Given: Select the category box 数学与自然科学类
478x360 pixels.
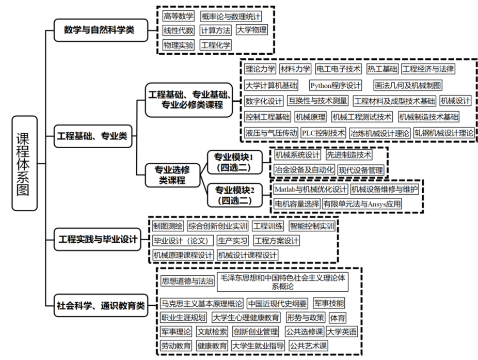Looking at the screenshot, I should pos(99,29).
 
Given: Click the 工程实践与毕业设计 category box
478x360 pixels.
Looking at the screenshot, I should pos(98,239).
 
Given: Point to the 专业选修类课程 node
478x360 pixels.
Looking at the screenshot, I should pos(172,175).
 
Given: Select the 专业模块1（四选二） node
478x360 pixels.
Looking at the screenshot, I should pos(234,162).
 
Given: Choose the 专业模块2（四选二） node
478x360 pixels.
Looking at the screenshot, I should pos(235,194).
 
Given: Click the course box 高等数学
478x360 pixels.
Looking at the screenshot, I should pos(178,16).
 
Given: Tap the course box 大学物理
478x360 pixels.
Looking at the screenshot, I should pos(251,30).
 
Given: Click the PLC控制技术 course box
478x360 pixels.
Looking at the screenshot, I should pos(323,133).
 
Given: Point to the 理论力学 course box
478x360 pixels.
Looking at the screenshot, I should pos(260,69).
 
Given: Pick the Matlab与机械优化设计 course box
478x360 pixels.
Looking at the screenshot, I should pos(310,189).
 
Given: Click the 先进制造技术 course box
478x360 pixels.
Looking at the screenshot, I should pos(348,155).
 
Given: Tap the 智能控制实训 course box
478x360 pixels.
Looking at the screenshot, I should pos(312,226).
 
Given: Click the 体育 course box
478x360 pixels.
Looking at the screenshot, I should pos(338,317).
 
